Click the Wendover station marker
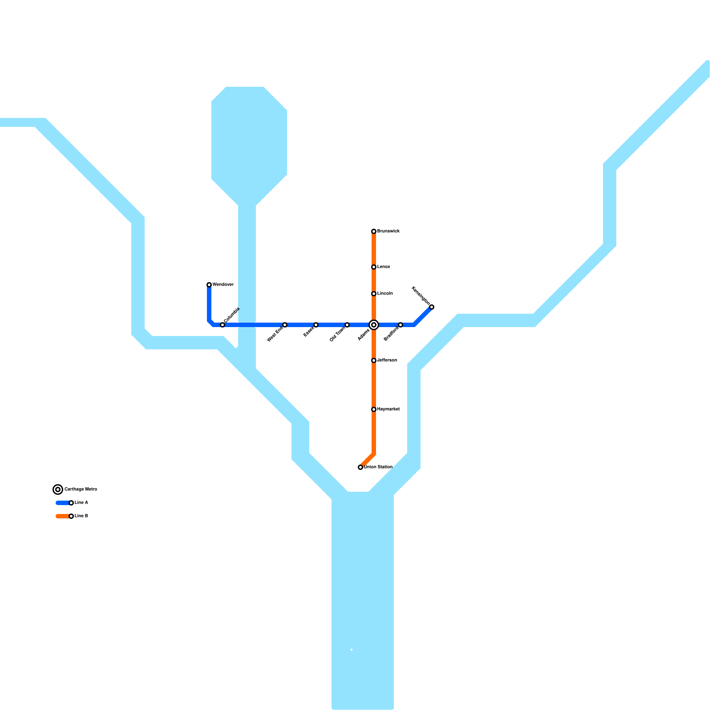pyautogui.click(x=209, y=285)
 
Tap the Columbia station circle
pyautogui.click(x=222, y=325)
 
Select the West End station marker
pyautogui.click(x=285, y=325)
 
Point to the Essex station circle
pyautogui.click(x=316, y=325)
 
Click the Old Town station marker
pyautogui.click(x=347, y=325)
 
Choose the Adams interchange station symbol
pyautogui.click(x=374, y=325)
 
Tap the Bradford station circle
pyautogui.click(x=400, y=325)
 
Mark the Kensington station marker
pyautogui.click(x=432, y=307)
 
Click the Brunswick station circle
pyautogui.click(x=374, y=231)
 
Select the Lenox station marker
pyautogui.click(x=374, y=267)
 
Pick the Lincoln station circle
pyautogui.click(x=374, y=294)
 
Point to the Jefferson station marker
pyautogui.click(x=374, y=360)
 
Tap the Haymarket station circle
pyautogui.click(x=374, y=409)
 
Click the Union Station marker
pyautogui.click(x=360, y=467)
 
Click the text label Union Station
pyautogui.click(x=378, y=467)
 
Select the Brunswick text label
pyautogui.click(x=388, y=231)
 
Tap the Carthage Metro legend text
pyautogui.click(x=81, y=489)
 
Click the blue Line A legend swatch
pyautogui.click(x=62, y=503)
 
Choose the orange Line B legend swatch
pyautogui.click(x=62, y=516)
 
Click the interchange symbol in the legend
pyautogui.click(x=58, y=489)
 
